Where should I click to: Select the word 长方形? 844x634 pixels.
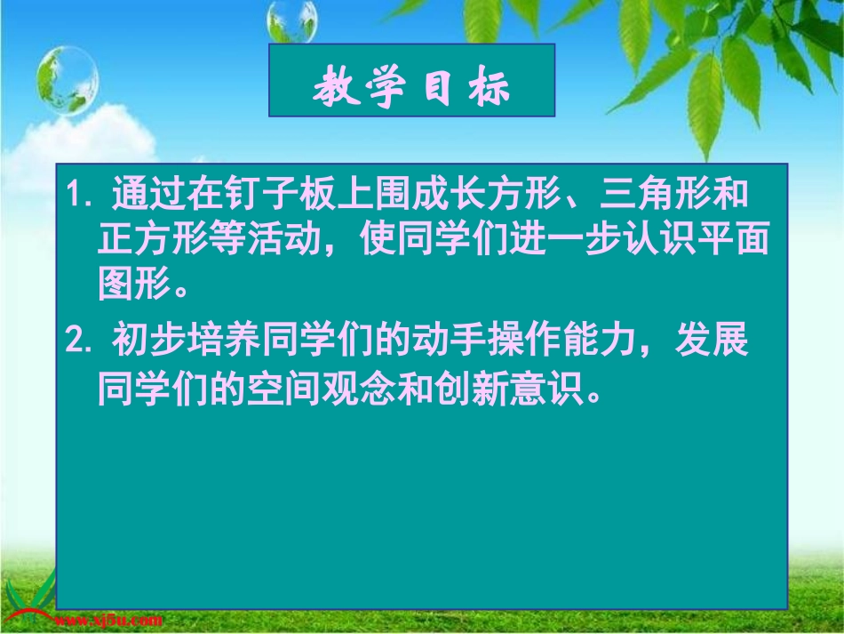click(x=516, y=194)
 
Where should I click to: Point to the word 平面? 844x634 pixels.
click(x=743, y=242)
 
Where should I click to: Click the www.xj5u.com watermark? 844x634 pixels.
click(x=108, y=619)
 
